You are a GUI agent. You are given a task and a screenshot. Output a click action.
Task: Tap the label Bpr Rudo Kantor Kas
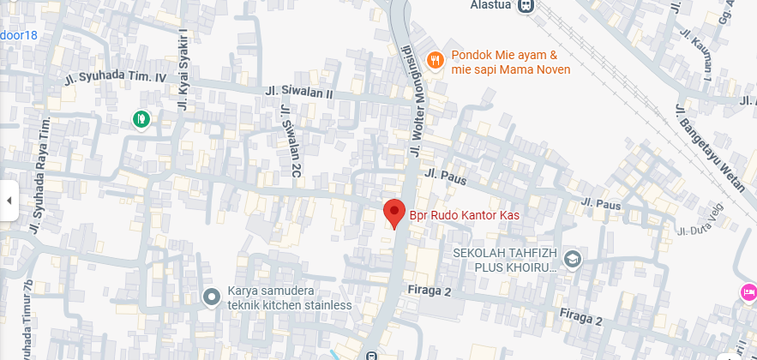464,214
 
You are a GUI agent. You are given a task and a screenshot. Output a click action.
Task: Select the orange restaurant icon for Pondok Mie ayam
436,59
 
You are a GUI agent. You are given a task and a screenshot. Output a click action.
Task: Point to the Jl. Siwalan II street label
297,91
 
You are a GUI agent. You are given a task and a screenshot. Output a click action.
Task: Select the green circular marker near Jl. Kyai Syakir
141,119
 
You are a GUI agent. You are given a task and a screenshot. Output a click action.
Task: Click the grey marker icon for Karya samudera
212,297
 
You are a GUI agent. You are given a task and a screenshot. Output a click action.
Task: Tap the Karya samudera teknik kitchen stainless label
289,297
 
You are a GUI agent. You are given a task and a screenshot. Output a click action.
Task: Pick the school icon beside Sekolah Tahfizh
573,258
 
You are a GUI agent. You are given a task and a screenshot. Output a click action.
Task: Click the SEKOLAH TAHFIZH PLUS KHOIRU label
505,260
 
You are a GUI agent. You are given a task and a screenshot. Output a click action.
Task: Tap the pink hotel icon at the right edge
748,293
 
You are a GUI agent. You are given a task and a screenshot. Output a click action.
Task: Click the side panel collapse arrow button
9,201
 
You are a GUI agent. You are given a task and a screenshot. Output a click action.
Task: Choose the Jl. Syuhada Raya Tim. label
40,154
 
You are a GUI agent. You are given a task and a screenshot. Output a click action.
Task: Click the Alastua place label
491,5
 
